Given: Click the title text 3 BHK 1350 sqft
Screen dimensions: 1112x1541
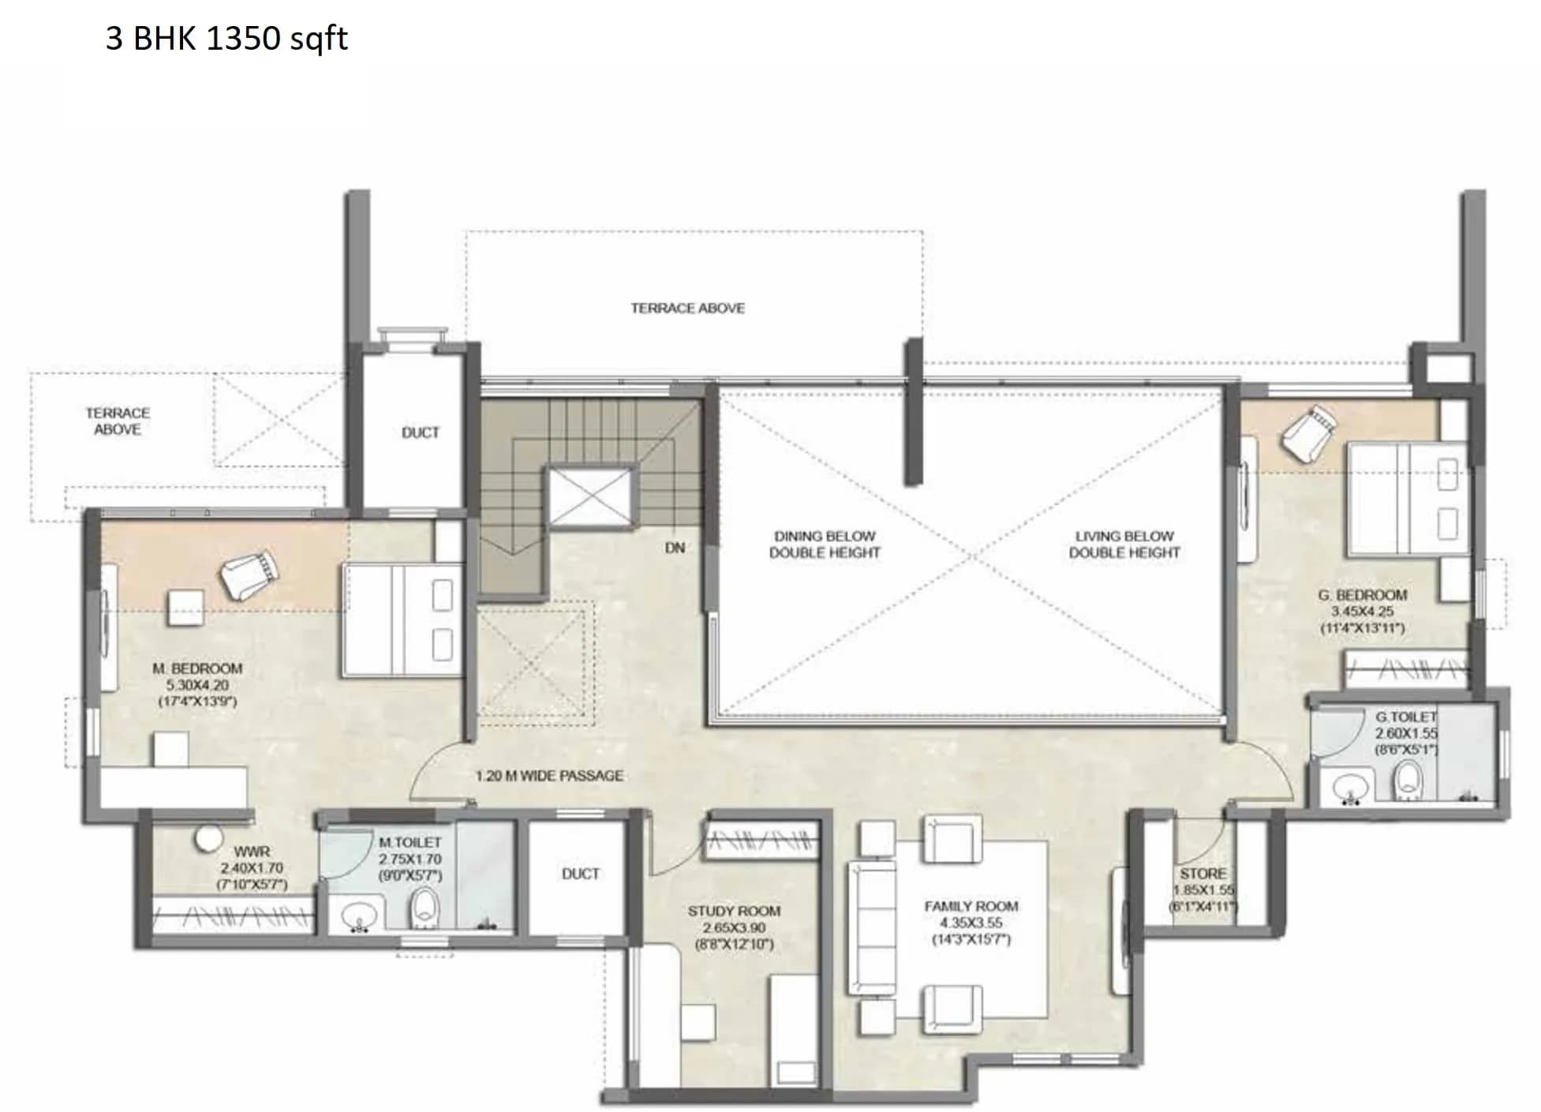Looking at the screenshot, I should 226,38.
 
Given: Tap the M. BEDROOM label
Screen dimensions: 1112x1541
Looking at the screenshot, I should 197,668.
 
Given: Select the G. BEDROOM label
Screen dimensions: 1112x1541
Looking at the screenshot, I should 1362,595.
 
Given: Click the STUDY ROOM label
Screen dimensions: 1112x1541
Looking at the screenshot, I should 734,911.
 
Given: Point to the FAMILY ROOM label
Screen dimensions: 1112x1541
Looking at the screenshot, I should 971,906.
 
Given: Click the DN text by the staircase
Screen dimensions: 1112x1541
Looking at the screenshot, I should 675,548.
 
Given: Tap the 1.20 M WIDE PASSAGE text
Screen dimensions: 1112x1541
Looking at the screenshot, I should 549,776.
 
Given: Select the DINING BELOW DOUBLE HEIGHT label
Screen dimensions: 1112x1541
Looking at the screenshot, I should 825,545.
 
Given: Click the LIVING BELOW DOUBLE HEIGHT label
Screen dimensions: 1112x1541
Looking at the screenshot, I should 1124,545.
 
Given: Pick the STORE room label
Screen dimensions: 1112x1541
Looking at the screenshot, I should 1203,874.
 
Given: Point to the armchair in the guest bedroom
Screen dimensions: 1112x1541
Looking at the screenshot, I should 1308,432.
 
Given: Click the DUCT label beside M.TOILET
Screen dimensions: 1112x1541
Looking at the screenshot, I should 580,874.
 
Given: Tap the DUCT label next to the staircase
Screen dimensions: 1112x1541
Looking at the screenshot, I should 420,432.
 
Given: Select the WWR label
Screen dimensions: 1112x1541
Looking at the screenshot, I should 252,852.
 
